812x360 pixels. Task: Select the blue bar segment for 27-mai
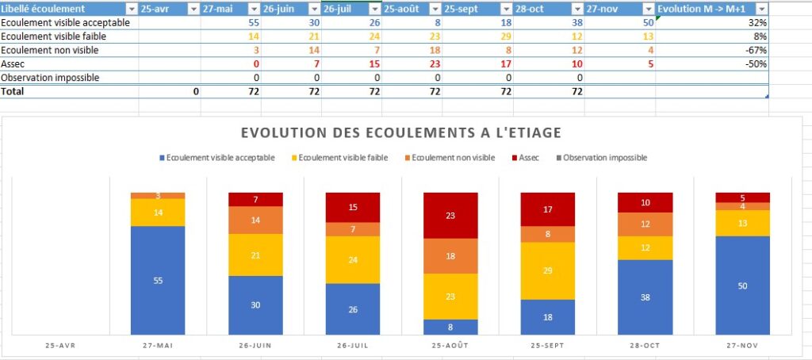pyautogui.click(x=158, y=280)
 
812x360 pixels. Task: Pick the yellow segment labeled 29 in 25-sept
pyautogui.click(x=547, y=270)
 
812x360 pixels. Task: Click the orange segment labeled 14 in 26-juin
pyautogui.click(x=255, y=220)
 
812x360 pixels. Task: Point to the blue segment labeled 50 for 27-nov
pyautogui.click(x=742, y=285)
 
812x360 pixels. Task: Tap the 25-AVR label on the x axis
pyautogui.click(x=61, y=347)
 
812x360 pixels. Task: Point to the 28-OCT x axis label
pyautogui.click(x=645, y=347)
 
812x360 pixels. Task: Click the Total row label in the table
pyautogui.click(x=13, y=91)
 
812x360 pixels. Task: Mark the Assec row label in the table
pyautogui.click(x=13, y=63)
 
